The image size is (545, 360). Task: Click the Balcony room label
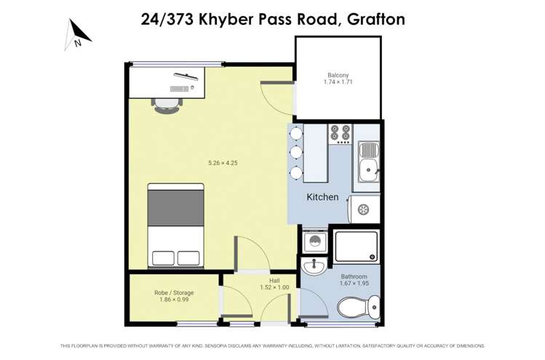[x=338, y=75]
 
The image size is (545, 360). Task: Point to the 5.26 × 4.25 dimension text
[x=222, y=163]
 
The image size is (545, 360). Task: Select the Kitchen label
[x=322, y=197]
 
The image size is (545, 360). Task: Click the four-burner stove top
[x=340, y=133]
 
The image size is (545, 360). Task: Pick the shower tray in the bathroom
[x=356, y=246]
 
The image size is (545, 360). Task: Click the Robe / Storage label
[x=173, y=293]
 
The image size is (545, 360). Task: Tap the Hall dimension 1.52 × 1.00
[x=274, y=287]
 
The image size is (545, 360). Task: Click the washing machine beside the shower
[x=314, y=241]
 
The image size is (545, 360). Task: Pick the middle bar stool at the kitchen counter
[x=295, y=153]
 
